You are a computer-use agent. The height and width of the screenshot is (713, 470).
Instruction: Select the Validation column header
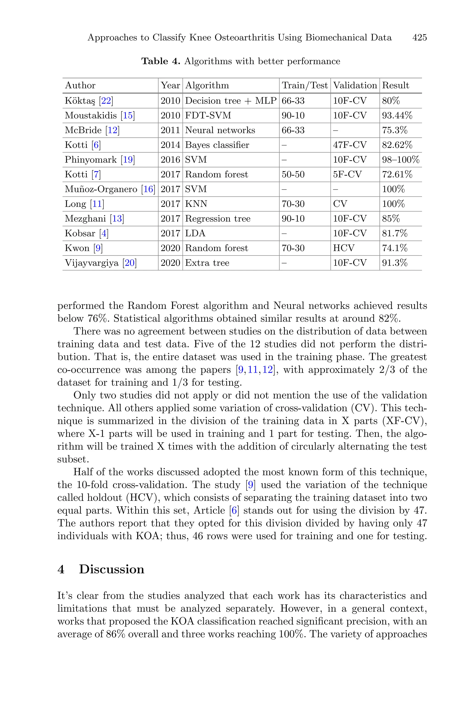click(x=355, y=85)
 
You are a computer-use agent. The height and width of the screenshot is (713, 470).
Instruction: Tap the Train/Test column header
click(x=305, y=85)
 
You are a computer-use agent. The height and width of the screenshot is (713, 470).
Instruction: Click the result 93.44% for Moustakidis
click(x=397, y=116)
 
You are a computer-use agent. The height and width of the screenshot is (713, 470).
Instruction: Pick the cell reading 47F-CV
click(x=350, y=145)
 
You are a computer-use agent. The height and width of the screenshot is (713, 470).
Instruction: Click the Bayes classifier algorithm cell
click(x=217, y=145)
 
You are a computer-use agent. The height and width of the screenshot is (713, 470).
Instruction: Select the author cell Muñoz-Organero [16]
click(x=110, y=189)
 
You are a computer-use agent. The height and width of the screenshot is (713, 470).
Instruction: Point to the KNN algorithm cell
click(x=196, y=204)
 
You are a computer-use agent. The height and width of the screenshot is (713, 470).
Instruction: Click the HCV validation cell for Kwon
click(x=344, y=248)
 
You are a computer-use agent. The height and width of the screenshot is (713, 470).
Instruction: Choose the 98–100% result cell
click(x=400, y=160)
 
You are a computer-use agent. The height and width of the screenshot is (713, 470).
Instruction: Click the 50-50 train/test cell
click(x=293, y=175)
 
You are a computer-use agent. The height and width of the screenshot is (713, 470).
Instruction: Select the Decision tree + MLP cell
click(x=230, y=101)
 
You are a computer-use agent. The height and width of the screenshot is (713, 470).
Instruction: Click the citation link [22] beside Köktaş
click(x=106, y=101)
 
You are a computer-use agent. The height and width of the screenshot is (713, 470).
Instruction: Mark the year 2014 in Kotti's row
click(x=170, y=145)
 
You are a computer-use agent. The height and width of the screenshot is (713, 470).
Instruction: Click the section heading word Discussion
click(x=112, y=569)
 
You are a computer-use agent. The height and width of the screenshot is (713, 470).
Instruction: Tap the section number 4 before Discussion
click(x=61, y=569)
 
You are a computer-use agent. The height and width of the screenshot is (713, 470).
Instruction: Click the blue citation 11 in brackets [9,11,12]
click(x=253, y=370)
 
